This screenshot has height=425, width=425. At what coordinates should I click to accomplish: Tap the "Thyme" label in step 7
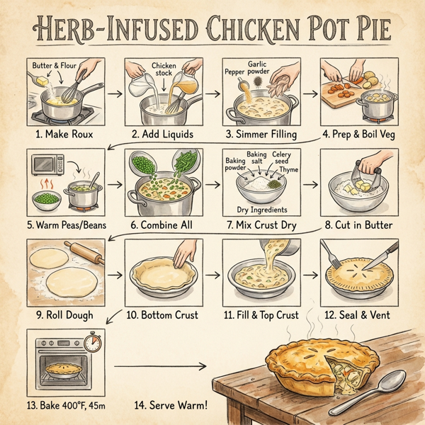point(288,170)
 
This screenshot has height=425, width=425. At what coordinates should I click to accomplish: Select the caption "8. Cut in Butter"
point(358,225)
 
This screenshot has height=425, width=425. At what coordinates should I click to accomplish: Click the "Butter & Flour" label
point(53,66)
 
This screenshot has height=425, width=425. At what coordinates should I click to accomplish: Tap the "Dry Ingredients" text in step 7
point(262,210)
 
